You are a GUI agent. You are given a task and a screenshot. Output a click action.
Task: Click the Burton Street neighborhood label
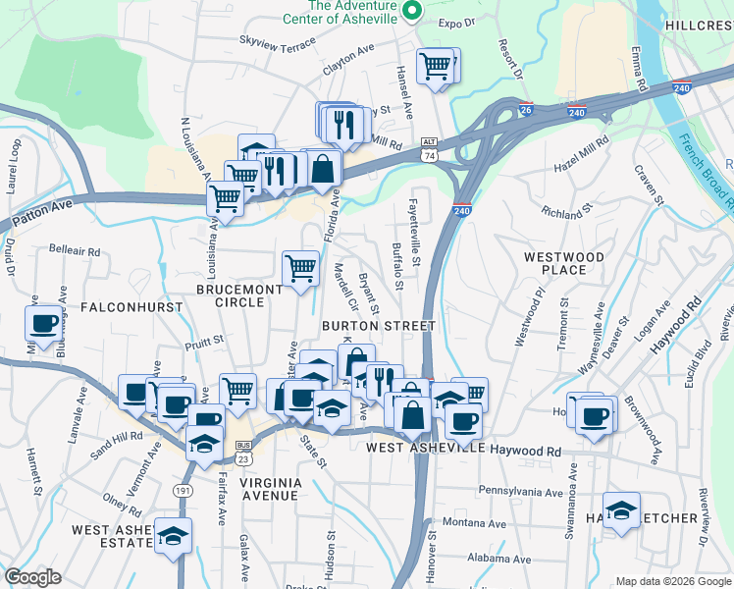click(x=378, y=325)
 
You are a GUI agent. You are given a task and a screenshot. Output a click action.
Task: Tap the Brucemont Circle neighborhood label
click(x=230, y=295)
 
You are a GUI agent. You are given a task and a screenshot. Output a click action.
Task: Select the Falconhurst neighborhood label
click(x=131, y=307)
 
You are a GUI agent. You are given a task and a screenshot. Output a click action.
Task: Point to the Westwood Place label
click(x=563, y=263)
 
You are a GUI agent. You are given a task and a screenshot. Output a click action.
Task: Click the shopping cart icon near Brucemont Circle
click(x=300, y=267)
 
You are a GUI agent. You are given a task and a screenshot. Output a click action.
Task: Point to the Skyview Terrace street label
click(x=278, y=40)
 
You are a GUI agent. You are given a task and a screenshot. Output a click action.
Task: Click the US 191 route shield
click(x=185, y=488)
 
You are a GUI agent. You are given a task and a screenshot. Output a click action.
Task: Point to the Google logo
click(x=32, y=577)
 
